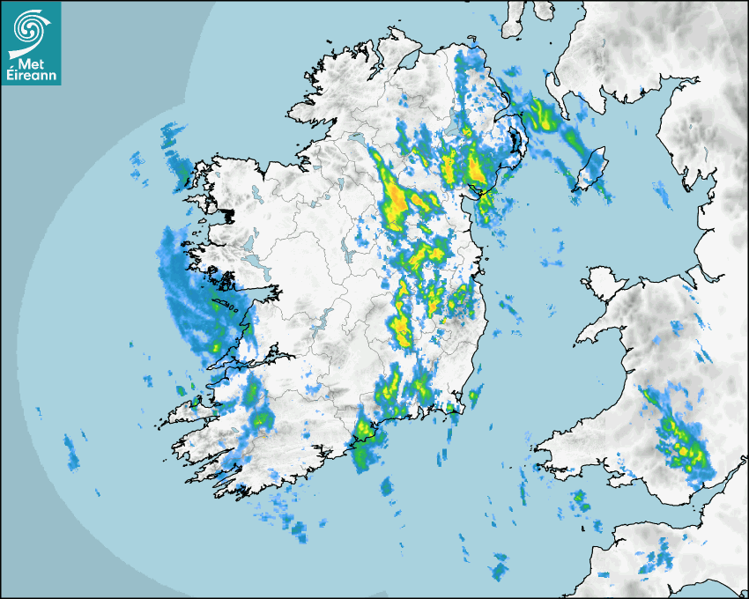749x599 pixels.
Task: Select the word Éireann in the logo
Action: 31,76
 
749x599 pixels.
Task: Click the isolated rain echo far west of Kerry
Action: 71,449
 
